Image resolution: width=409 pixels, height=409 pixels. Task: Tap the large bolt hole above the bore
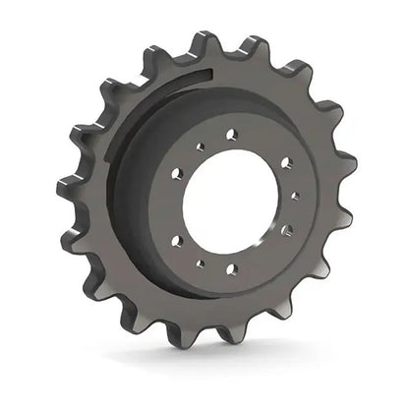point(231,134)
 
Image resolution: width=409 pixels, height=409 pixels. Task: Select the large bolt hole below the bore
point(232,268)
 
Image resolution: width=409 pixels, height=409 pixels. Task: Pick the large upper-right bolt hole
point(286,162)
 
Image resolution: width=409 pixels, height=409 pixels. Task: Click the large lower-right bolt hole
point(286,232)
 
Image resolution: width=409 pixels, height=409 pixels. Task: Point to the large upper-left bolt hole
point(178,173)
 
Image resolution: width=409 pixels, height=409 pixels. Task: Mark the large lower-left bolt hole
point(177,241)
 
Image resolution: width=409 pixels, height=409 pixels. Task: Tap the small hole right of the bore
point(295,196)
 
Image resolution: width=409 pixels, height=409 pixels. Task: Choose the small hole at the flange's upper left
point(199,146)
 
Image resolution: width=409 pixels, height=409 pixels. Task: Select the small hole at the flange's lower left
point(200,263)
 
